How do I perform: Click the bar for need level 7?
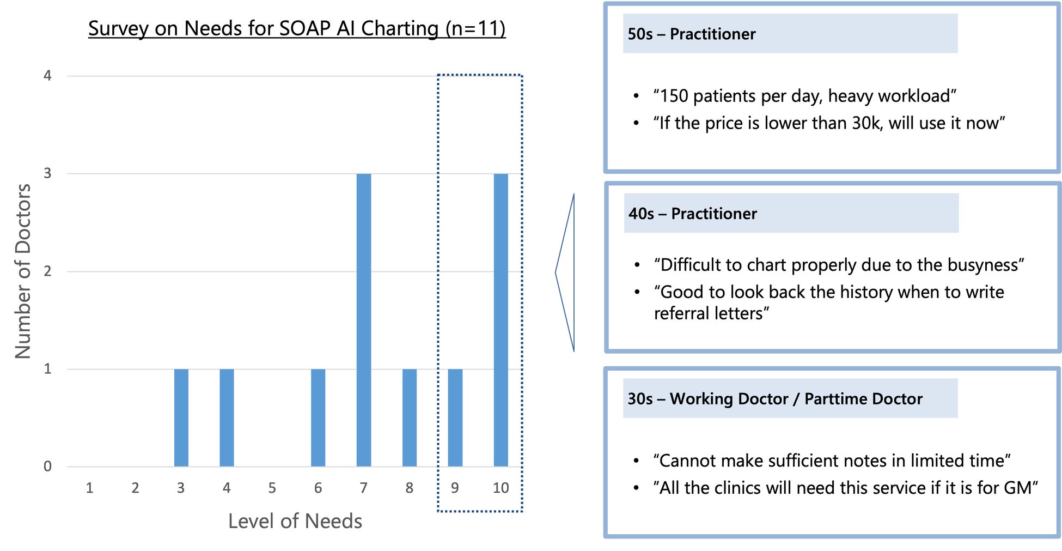point(364,320)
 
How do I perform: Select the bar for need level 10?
point(501,320)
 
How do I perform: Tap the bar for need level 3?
point(181,417)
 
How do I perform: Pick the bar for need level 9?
point(455,417)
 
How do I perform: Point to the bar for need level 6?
point(318,417)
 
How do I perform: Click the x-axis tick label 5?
point(272,488)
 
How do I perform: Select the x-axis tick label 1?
point(89,488)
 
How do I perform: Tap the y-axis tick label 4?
point(47,76)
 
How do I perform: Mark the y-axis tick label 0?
point(47,467)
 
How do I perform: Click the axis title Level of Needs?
point(295,521)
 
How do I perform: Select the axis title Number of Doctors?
point(23,271)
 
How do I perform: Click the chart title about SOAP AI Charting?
point(297,28)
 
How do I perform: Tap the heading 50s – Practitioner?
point(692,34)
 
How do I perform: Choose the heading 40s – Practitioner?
point(693,214)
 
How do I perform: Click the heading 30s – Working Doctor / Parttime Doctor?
point(775,398)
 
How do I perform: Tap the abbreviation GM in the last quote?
point(1017,488)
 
